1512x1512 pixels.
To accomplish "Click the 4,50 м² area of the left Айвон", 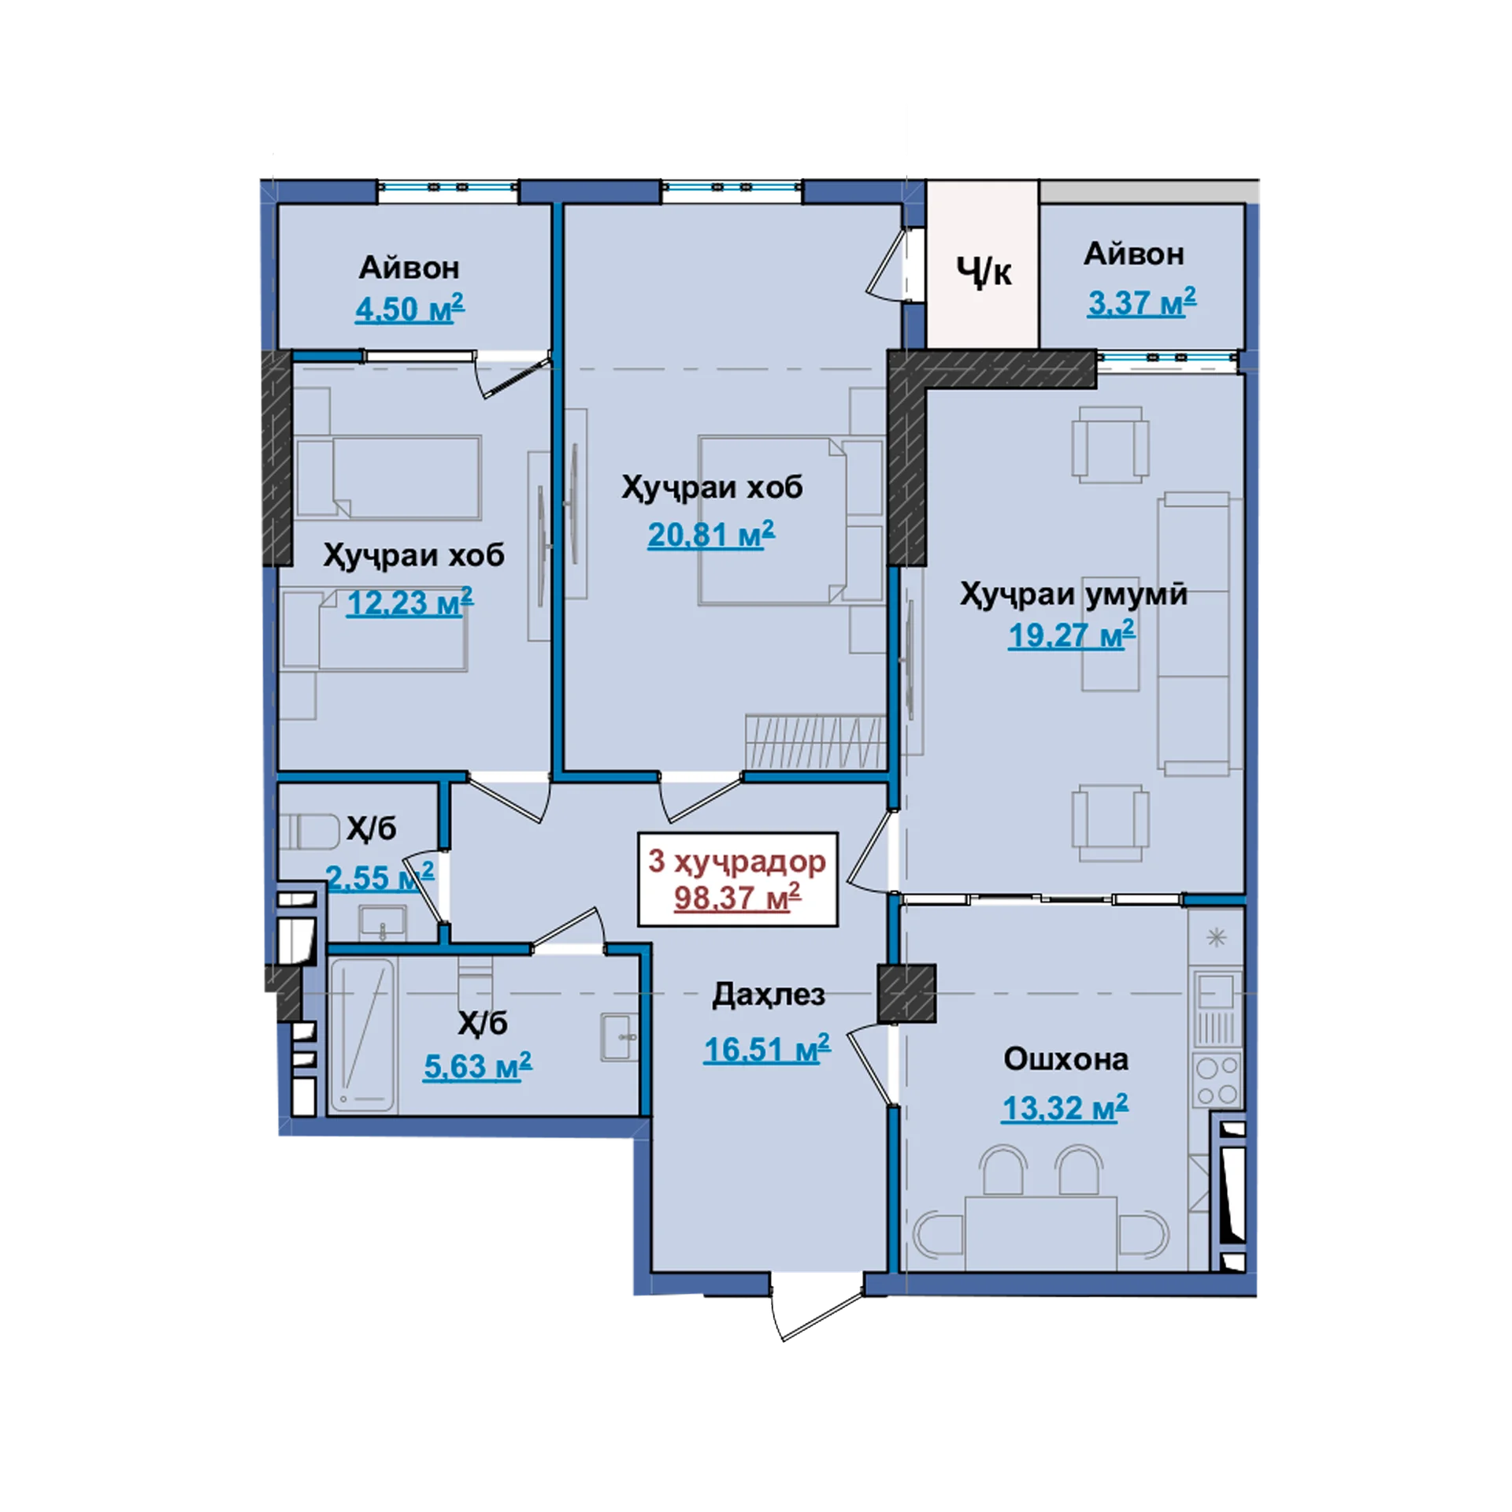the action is [x=409, y=308].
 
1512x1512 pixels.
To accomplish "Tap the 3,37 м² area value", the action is [x=1142, y=302].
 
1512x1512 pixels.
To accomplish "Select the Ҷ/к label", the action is [x=984, y=272].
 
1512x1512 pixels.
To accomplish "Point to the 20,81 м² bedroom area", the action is [x=711, y=535].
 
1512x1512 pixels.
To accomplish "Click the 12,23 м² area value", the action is [x=410, y=602].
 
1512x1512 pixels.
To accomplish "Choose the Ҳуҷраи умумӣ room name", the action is [x=1073, y=593].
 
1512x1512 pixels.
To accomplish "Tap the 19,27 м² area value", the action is [x=1072, y=635].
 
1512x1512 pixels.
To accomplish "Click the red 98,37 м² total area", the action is [x=737, y=897].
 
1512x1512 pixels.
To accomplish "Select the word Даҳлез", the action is [x=769, y=995].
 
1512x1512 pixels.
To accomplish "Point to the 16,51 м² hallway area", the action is [x=767, y=1049].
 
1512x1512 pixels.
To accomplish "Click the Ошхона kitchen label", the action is [x=1065, y=1059].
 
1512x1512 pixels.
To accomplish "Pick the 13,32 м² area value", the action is [x=1065, y=1108].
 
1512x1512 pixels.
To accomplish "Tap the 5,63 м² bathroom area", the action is [x=477, y=1067].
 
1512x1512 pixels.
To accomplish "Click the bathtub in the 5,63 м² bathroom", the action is [x=363, y=1035].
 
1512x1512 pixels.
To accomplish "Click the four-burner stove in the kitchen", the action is [x=1217, y=1081].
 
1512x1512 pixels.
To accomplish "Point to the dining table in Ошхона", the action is [x=1041, y=1232].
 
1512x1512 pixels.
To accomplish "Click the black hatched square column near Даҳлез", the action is [x=906, y=994].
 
